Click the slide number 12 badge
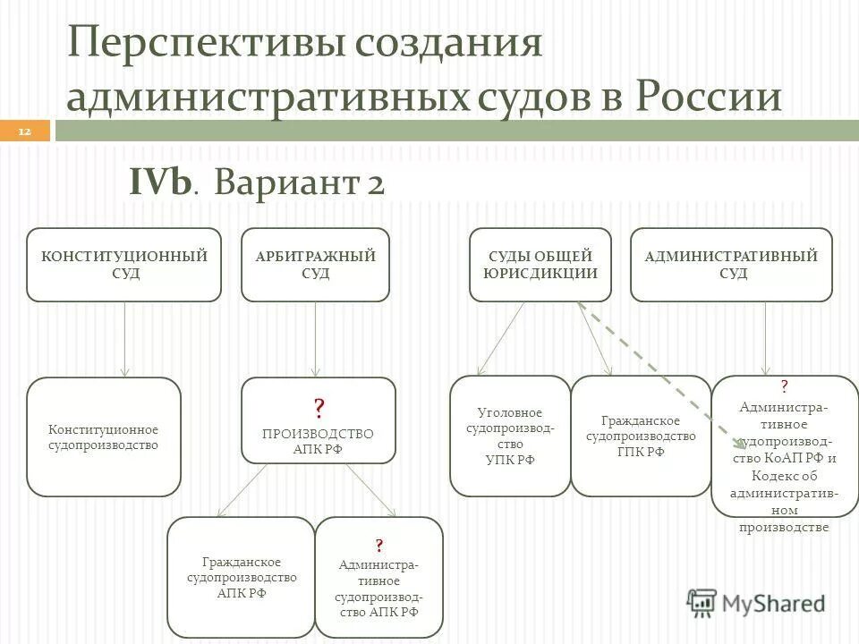[x=24, y=132]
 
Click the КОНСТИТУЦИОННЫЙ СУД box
[x=123, y=265]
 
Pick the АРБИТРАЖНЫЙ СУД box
[x=315, y=265]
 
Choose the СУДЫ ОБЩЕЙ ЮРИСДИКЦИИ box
[x=540, y=265]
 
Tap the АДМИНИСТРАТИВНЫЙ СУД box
[x=731, y=265]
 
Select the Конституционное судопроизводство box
[x=104, y=436]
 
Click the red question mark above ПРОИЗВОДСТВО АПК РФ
[x=319, y=410]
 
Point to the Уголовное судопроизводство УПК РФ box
[x=510, y=436]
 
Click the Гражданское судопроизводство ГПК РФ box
[x=641, y=436]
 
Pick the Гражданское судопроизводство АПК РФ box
[x=241, y=577]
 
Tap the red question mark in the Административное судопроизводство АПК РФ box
[x=378, y=546]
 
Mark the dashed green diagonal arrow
[x=662, y=376]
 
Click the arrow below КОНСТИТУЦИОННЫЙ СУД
[x=124, y=340]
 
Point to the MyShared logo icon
[x=702, y=602]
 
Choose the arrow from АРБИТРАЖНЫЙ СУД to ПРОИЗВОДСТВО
[x=316, y=340]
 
